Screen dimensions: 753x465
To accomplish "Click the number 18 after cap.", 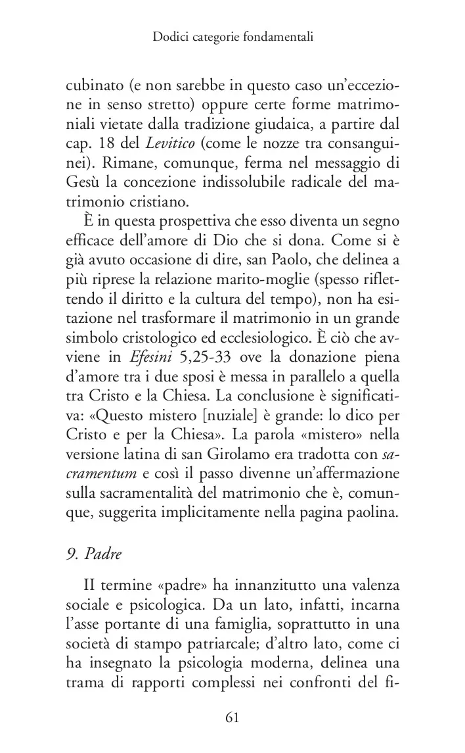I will coord(101,143).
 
